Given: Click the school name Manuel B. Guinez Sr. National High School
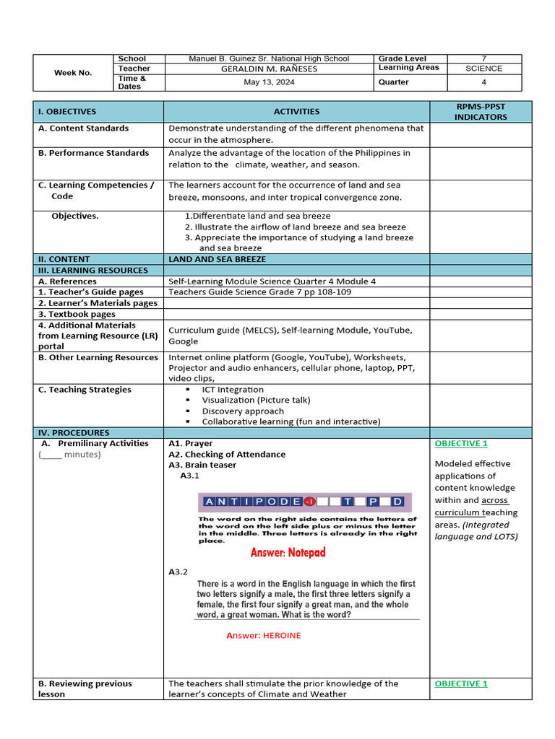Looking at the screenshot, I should tap(269, 58).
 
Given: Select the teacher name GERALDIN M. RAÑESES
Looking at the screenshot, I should tap(269, 69).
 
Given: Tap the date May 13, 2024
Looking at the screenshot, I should tap(269, 82).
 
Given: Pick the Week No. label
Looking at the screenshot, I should tap(73, 73).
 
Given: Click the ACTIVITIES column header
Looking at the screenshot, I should tap(296, 112).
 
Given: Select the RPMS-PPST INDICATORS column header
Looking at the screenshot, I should tap(481, 112).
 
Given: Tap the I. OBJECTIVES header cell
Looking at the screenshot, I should tap(67, 112).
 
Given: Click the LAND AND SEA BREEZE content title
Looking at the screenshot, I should tap(217, 259).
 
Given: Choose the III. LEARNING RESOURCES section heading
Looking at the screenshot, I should tap(92, 270).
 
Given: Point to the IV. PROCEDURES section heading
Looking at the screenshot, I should tap(74, 432).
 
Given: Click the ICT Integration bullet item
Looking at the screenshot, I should tap(233, 390).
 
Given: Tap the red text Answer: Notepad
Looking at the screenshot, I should tap(288, 553).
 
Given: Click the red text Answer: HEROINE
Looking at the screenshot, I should tap(263, 635).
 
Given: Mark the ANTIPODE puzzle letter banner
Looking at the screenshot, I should tap(304, 502).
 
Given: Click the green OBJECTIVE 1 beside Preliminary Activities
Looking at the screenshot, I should tap(461, 444).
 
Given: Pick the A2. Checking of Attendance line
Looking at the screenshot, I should tap(227, 455).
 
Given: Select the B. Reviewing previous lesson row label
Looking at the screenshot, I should tap(85, 688).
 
